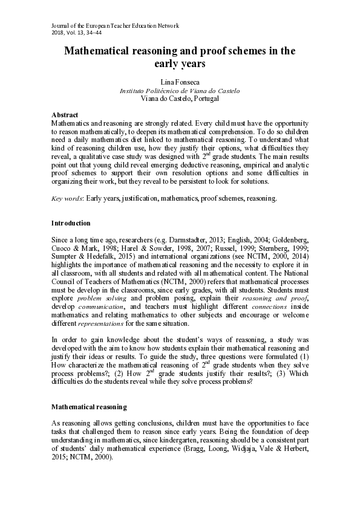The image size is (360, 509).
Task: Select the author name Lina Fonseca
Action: pos(180,81)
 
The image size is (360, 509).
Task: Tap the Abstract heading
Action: pos(65,114)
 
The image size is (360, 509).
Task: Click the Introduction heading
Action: pos(71,223)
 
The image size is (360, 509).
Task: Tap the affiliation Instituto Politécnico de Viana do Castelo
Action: pos(180,90)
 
